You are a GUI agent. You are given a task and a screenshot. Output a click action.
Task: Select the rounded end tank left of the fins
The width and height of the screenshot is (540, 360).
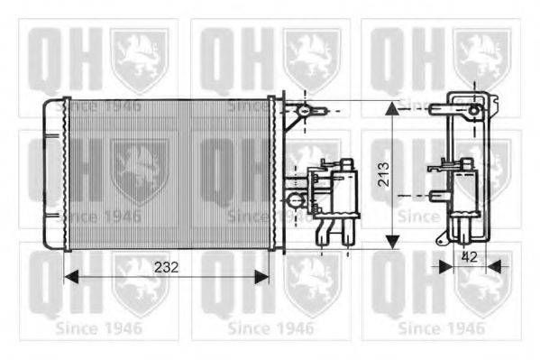[56, 174]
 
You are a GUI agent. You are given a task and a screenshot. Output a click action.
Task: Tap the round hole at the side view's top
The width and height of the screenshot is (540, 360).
[475, 110]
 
